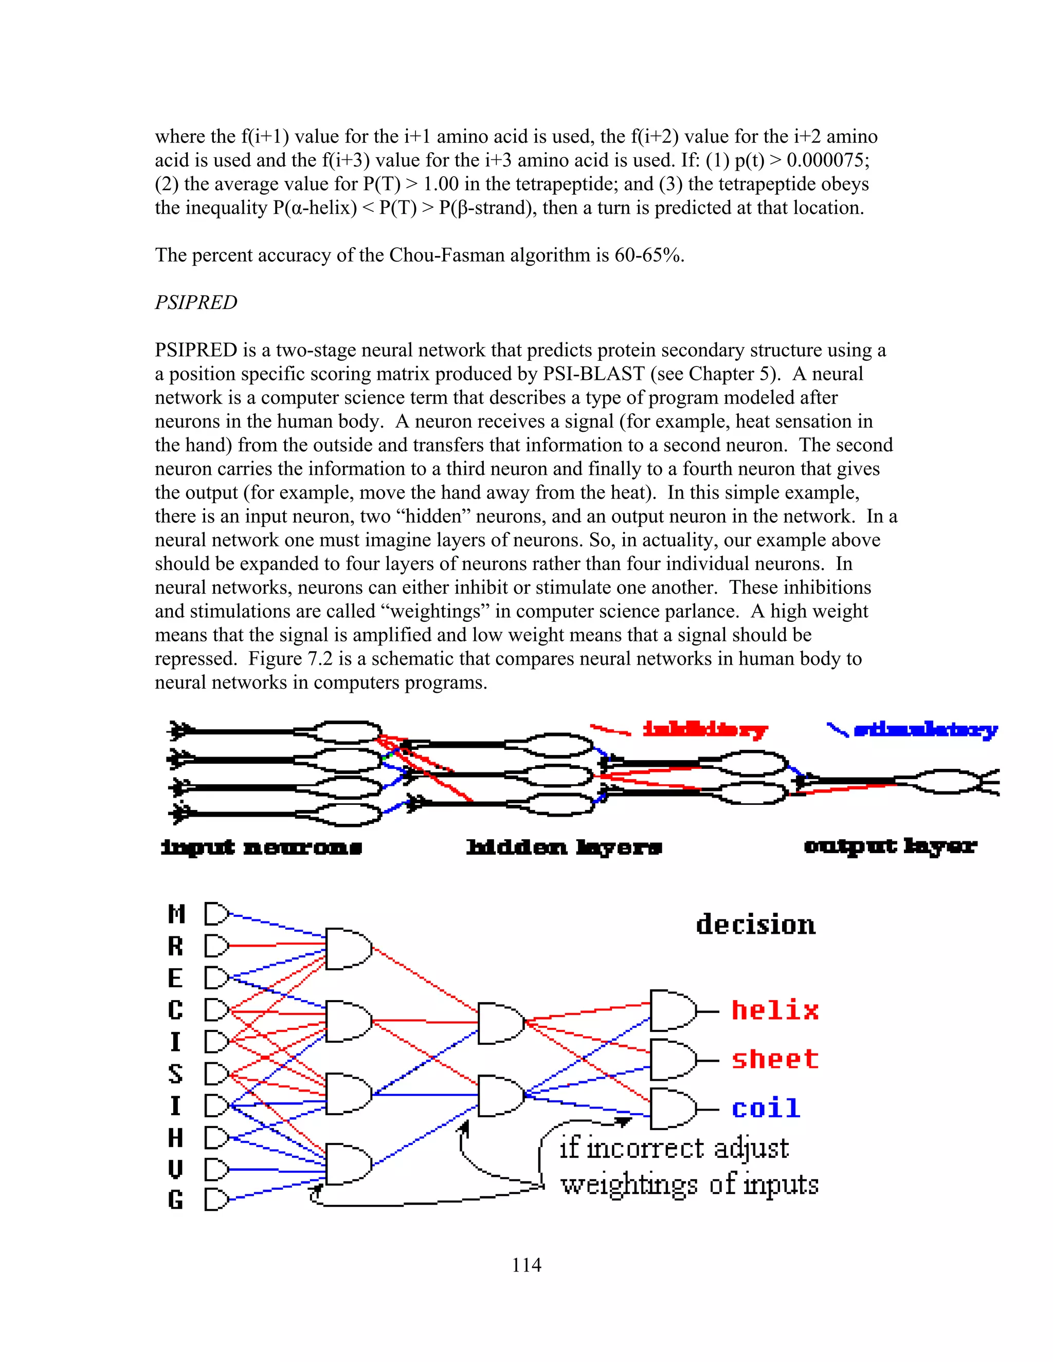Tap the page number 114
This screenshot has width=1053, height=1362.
[526, 1265]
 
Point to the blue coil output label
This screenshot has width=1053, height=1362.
[766, 1108]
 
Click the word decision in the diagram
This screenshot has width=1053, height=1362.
[755, 924]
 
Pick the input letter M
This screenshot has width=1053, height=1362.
[176, 914]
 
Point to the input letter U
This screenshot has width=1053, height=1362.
[176, 1169]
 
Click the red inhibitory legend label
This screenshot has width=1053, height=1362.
[705, 730]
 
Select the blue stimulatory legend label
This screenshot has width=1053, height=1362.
[925, 730]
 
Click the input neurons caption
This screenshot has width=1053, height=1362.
[261, 847]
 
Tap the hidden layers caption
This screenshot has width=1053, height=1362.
[564, 847]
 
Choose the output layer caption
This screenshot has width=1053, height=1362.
[890, 846]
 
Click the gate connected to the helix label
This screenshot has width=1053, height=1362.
[672, 1010]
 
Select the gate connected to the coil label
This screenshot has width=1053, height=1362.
[672, 1109]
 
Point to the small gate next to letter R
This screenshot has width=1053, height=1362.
[216, 946]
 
